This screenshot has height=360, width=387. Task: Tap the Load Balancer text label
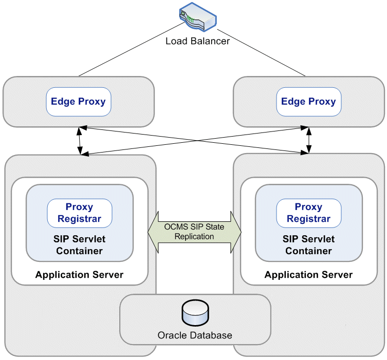coord(197,41)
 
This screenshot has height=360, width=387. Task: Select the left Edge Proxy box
coord(79,101)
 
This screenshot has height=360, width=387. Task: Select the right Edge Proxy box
coord(308,101)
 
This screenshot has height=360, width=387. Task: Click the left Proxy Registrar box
coord(80,213)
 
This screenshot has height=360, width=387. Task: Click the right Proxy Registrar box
coord(308,213)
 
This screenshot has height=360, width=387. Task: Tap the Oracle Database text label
coord(195,335)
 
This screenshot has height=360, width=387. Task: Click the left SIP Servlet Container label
coord(79,245)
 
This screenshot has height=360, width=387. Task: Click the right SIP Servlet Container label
coord(308,245)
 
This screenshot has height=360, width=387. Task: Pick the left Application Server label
coord(79,275)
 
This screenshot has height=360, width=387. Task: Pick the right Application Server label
coord(308,275)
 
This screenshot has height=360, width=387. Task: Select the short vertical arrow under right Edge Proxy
coord(309,140)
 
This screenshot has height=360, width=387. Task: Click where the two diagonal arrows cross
coord(194,140)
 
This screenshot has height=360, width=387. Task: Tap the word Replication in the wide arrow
coord(194,237)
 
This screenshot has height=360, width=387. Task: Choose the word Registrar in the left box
coord(80,219)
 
